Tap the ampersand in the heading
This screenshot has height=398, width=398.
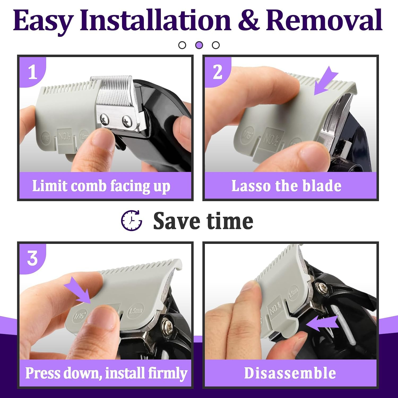(248, 20)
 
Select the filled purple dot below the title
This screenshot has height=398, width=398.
(199, 45)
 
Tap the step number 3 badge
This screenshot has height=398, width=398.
(32, 258)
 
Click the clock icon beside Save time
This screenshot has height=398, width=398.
(132, 220)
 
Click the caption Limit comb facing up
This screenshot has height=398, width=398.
(101, 186)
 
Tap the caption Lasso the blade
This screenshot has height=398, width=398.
(286, 186)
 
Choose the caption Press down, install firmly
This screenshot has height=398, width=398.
(106, 373)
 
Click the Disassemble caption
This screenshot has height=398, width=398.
(290, 373)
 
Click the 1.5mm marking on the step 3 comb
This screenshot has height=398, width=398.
(136, 311)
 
